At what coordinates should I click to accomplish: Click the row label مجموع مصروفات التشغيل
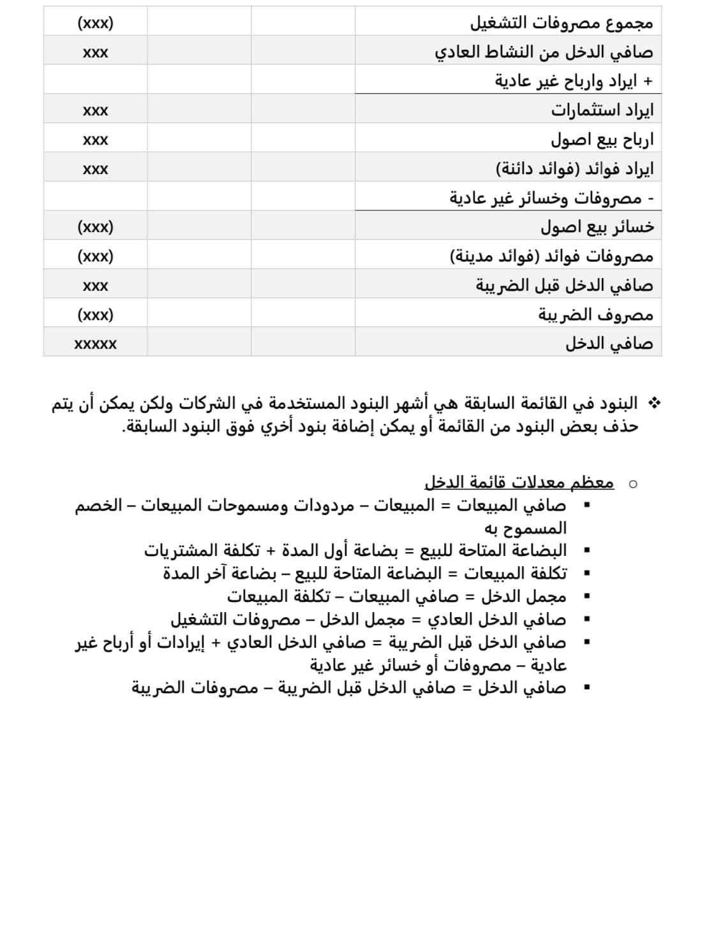562,23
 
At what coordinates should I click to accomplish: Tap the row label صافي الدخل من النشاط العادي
544,52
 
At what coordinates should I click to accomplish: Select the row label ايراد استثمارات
602,110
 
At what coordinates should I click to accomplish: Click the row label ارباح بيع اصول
602,140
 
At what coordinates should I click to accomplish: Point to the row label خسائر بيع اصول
597,227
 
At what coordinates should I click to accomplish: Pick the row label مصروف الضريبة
596,314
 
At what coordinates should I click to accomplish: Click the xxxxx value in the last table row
96,344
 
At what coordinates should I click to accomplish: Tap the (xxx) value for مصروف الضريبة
96,315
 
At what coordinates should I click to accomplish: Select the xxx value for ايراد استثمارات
96,111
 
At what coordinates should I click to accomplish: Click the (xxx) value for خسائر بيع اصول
96,227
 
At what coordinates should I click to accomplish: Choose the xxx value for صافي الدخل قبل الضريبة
96,286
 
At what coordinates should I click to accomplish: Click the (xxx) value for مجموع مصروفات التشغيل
96,24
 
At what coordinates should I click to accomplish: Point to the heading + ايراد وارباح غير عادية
574,82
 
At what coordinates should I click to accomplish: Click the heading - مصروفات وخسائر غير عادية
551,198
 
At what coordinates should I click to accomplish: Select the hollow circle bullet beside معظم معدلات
632,484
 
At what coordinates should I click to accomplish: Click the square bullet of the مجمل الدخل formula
586,597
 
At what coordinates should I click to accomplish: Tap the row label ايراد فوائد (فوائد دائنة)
574,169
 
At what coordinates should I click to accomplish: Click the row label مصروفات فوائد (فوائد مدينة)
552,256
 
